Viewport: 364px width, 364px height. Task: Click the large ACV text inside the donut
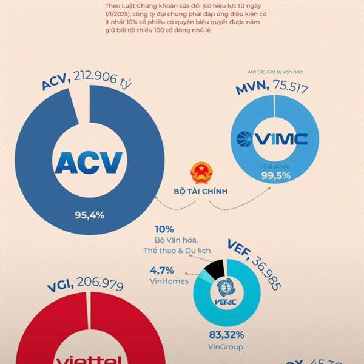[x=89, y=162]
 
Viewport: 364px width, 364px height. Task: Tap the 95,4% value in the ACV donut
[x=90, y=214]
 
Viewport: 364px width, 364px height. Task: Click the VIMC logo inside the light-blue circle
[x=273, y=139]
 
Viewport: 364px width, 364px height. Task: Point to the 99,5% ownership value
[x=274, y=175]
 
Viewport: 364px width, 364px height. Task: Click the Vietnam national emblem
[x=200, y=173]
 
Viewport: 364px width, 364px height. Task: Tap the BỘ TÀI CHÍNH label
[x=200, y=192]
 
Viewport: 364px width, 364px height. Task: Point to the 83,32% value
[x=226, y=334]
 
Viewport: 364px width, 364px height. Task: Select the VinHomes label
[x=168, y=281]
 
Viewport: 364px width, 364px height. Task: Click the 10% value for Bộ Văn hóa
[x=164, y=229]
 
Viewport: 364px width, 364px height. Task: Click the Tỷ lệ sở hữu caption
[x=274, y=165]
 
